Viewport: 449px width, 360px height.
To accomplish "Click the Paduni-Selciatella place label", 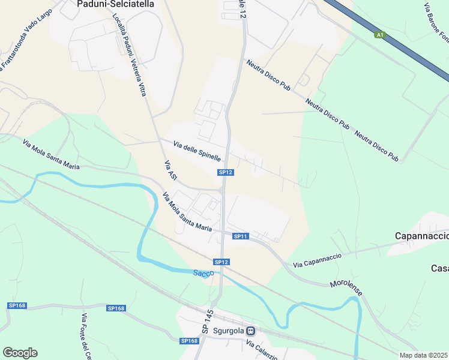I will click(116, 4).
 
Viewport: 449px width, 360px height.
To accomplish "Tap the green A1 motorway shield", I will click(379, 35).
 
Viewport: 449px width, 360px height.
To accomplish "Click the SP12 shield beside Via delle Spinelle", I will click(225, 173).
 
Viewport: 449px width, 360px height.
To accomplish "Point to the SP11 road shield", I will click(241, 236).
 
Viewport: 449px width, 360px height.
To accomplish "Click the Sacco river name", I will click(203, 274).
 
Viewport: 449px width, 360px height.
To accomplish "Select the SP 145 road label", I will click(208, 322).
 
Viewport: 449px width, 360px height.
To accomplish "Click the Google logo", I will click(20, 353).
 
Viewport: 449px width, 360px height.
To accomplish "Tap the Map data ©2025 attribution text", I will click(424, 355).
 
